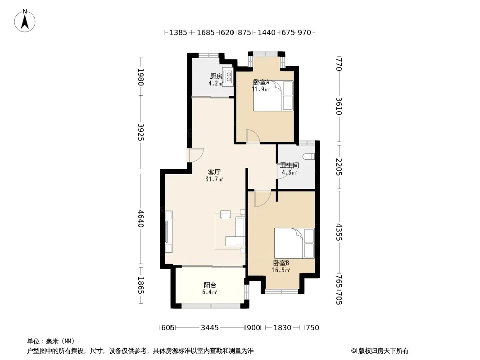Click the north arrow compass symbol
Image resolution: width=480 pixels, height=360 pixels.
pyautogui.click(x=25, y=21)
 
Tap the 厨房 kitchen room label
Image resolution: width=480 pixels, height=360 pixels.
pyautogui.click(x=216, y=76)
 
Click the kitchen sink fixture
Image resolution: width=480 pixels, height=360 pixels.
pyautogui.click(x=228, y=76)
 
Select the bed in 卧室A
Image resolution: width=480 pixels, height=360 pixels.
pyautogui.click(x=273, y=95)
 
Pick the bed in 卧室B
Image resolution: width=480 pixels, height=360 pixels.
pyautogui.click(x=294, y=243)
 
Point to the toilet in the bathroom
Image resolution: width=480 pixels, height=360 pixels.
pyautogui.click(x=308, y=157)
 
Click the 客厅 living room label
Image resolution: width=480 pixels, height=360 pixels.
pyautogui.click(x=214, y=172)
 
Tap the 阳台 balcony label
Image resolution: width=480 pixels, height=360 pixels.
pyautogui.click(x=210, y=285)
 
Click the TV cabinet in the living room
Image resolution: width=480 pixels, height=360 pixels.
pyautogui.click(x=168, y=232)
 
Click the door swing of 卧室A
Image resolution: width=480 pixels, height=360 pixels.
pyautogui.click(x=253, y=136)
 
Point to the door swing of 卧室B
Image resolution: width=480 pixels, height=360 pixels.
pyautogui.click(x=263, y=198)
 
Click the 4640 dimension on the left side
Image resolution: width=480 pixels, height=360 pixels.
pyautogui.click(x=140, y=218)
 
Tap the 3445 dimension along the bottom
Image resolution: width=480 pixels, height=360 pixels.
pyautogui.click(x=210, y=328)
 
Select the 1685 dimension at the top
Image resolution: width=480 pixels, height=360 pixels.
pyautogui.click(x=206, y=32)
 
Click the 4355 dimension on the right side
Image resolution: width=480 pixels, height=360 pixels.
pyautogui.click(x=339, y=232)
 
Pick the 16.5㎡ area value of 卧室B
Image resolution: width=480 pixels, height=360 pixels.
pyautogui.click(x=281, y=270)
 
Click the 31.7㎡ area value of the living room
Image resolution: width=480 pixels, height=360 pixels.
pyautogui.click(x=214, y=179)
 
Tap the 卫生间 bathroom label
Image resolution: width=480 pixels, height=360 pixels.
pyautogui.click(x=289, y=166)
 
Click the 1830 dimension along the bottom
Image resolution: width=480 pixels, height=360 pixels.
pyautogui.click(x=282, y=328)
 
